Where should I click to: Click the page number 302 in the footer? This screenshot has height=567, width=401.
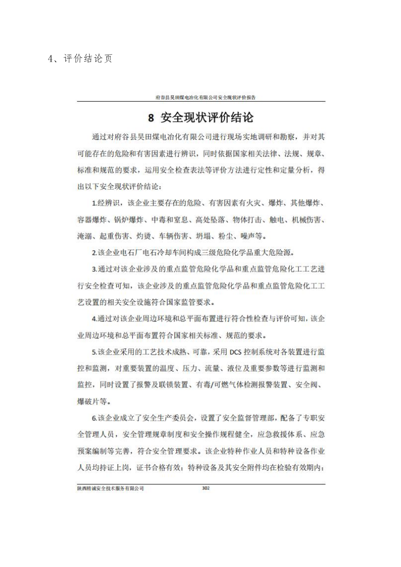205,488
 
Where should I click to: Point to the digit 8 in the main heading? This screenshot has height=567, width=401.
151,119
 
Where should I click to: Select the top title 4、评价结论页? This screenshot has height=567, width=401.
80,59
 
